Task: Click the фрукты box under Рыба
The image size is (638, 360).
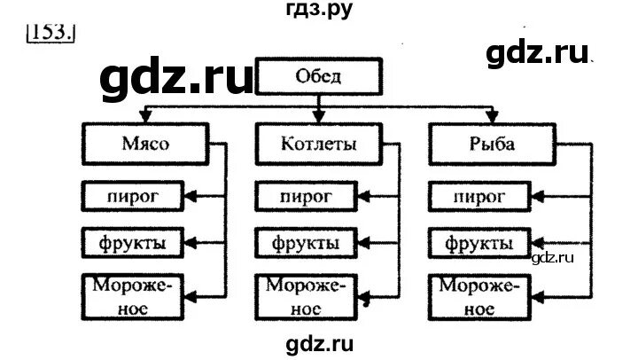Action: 479,242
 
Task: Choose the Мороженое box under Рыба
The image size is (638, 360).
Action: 479,296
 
